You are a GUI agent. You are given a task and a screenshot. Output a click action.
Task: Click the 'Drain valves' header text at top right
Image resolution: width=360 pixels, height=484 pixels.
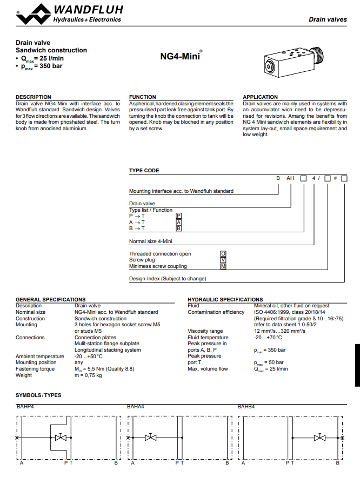pyautogui.click(x=328, y=19)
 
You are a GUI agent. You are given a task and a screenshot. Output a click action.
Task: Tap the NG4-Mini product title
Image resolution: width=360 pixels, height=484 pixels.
pyautogui.click(x=181, y=56)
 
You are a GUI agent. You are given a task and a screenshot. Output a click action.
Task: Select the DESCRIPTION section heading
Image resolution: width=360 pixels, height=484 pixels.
pyautogui.click(x=34, y=97)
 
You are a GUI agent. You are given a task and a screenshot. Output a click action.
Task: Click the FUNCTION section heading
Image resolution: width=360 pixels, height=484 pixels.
pyautogui.click(x=143, y=97)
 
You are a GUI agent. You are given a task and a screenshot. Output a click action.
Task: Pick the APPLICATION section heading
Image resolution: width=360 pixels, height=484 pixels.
pyautogui.click(x=260, y=97)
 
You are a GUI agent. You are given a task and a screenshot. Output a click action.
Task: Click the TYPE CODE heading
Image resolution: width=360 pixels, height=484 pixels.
pyautogui.click(x=144, y=171)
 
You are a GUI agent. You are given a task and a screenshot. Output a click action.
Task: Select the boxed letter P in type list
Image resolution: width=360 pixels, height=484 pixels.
pyautogui.click(x=179, y=216)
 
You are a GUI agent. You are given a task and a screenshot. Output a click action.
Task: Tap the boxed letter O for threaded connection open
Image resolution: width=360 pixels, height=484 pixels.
pyautogui.click(x=223, y=254)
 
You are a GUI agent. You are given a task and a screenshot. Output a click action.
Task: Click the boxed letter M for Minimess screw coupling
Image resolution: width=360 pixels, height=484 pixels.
pyautogui.click(x=223, y=266)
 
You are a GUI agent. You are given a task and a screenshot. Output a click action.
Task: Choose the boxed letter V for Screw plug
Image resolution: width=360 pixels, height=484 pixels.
pyautogui.click(x=223, y=260)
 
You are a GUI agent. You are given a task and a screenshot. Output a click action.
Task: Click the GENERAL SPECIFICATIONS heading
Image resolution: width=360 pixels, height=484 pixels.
pyautogui.click(x=50, y=299)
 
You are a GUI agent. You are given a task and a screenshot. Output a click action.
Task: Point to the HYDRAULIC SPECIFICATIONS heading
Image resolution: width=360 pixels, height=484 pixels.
pyautogui.click(x=225, y=299)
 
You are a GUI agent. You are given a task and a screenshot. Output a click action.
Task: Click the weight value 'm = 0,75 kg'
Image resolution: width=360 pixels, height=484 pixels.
pyautogui.click(x=88, y=375)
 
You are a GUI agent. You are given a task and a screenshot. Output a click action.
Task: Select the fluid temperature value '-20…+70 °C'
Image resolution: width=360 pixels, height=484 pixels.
pyautogui.click(x=268, y=338)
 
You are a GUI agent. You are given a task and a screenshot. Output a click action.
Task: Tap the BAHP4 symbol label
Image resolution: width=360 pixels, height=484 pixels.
pyautogui.click(x=25, y=406)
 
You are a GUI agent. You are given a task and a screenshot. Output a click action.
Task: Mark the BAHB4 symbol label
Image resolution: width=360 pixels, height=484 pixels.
pyautogui.click(x=246, y=406)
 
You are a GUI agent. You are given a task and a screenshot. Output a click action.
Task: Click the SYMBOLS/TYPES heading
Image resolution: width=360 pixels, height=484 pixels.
pyautogui.click(x=38, y=395)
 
